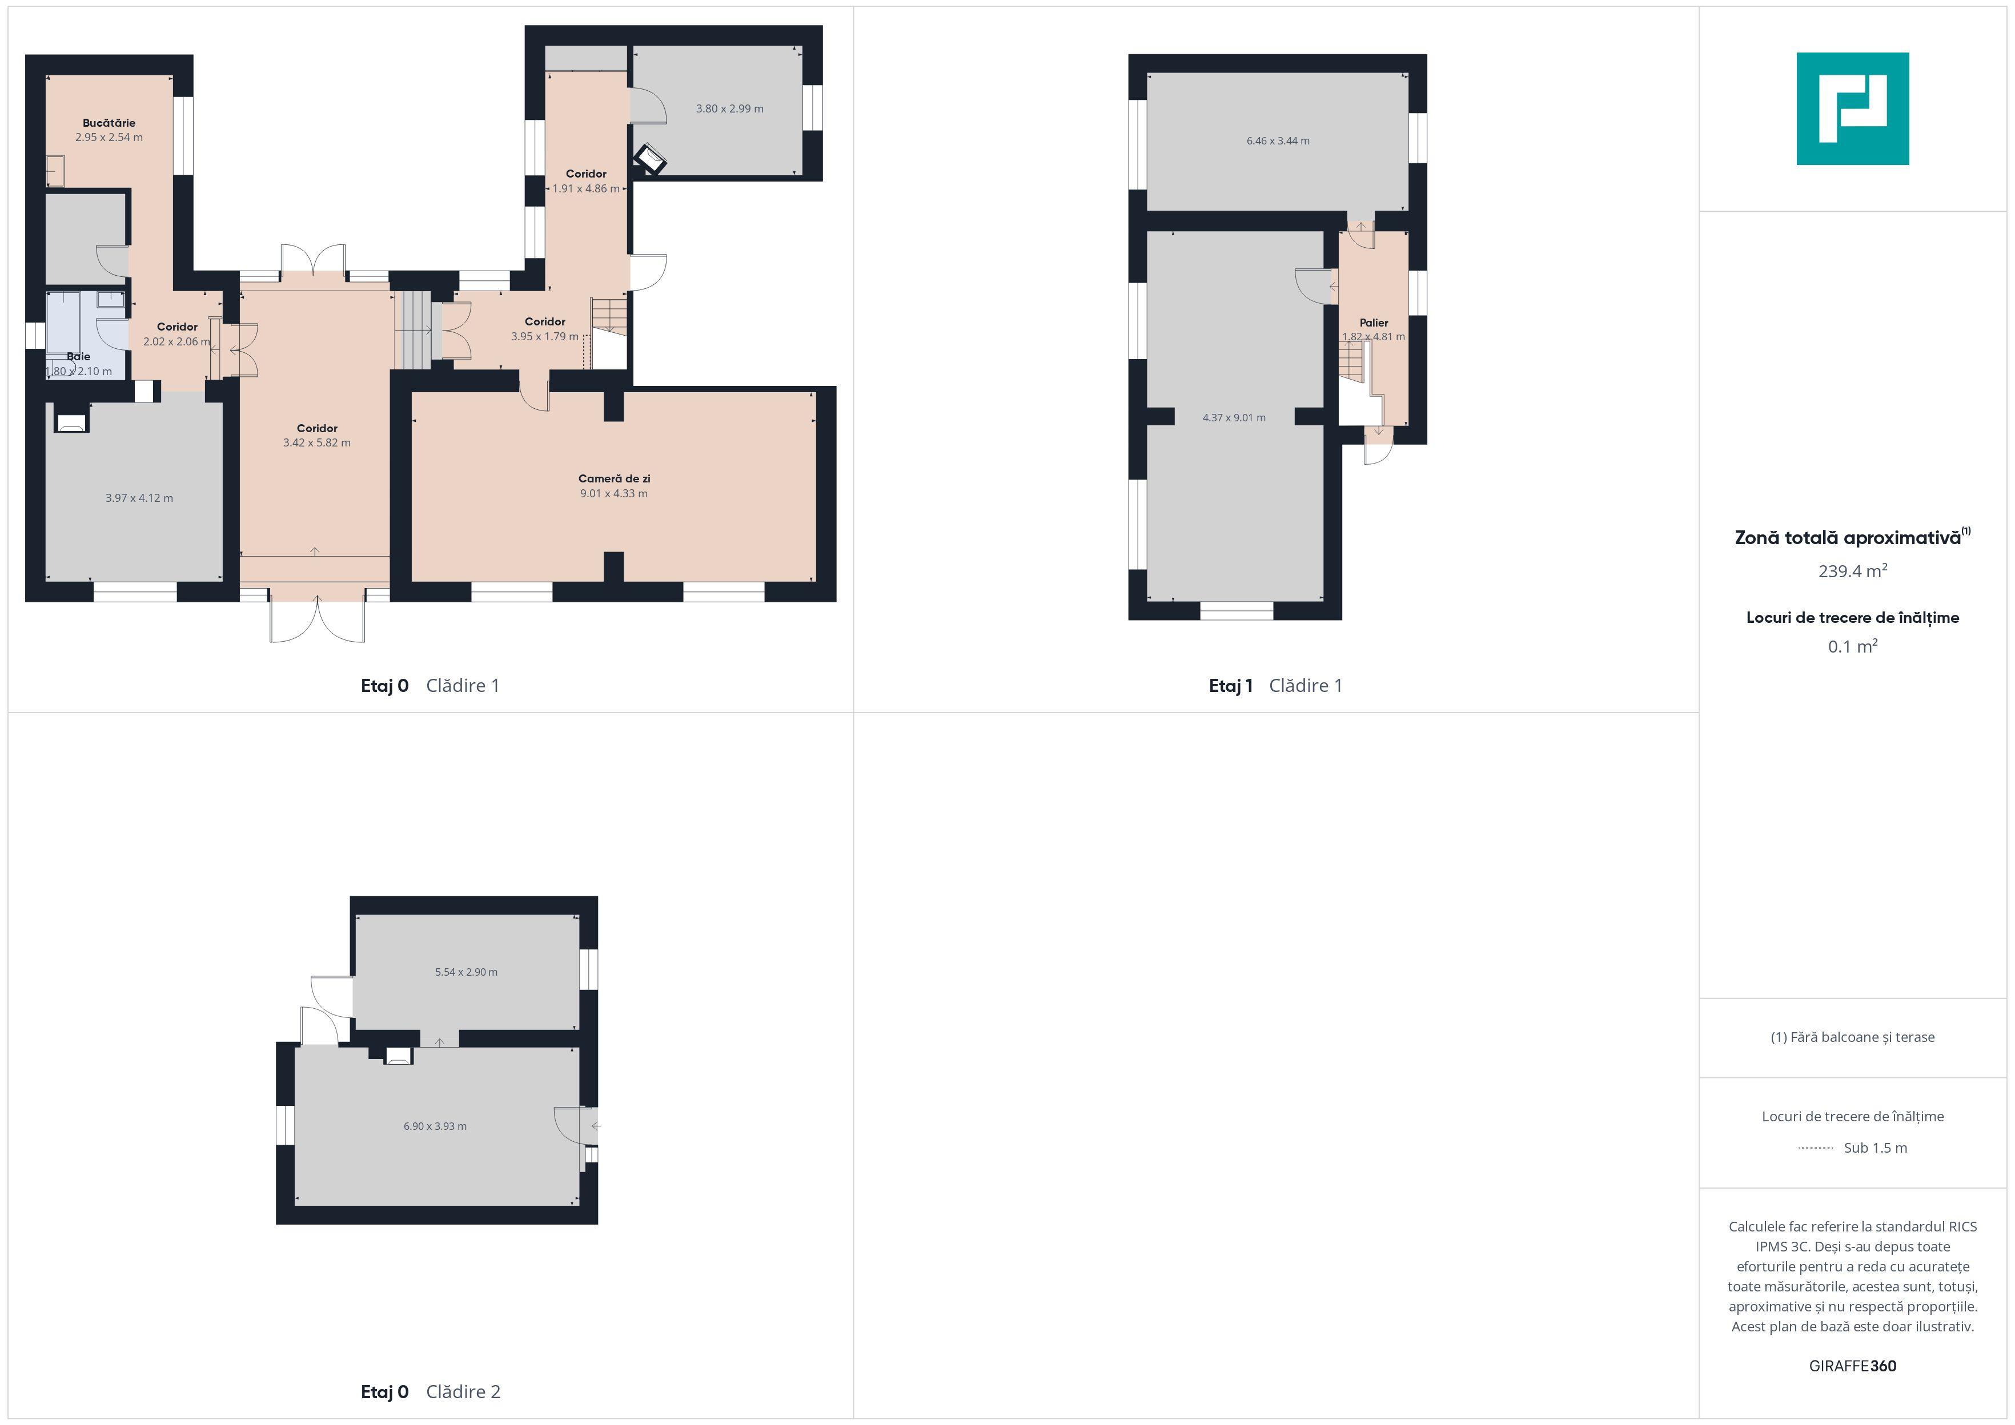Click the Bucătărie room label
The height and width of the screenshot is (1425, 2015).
click(x=109, y=123)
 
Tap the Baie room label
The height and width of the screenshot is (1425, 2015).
click(x=78, y=356)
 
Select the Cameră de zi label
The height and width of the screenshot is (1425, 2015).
click(x=615, y=478)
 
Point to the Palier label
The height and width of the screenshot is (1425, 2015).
click(x=1374, y=323)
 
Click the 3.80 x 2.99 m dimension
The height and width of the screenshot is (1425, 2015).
click(x=729, y=109)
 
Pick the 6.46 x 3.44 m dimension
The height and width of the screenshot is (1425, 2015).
click(x=1278, y=140)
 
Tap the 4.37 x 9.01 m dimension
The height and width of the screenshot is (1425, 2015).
click(x=1234, y=418)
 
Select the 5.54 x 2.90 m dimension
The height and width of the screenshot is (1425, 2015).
click(x=466, y=972)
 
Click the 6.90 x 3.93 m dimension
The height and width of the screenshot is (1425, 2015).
click(x=435, y=1126)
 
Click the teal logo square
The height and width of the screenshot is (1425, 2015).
click(x=1853, y=109)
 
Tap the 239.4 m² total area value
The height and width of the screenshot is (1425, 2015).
click(x=1853, y=571)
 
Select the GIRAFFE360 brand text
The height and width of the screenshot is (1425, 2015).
click(x=1853, y=1366)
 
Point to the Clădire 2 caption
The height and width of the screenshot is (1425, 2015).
click(x=463, y=1392)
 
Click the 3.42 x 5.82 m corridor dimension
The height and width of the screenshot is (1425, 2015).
click(x=317, y=443)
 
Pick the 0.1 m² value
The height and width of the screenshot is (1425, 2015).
click(x=1853, y=647)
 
